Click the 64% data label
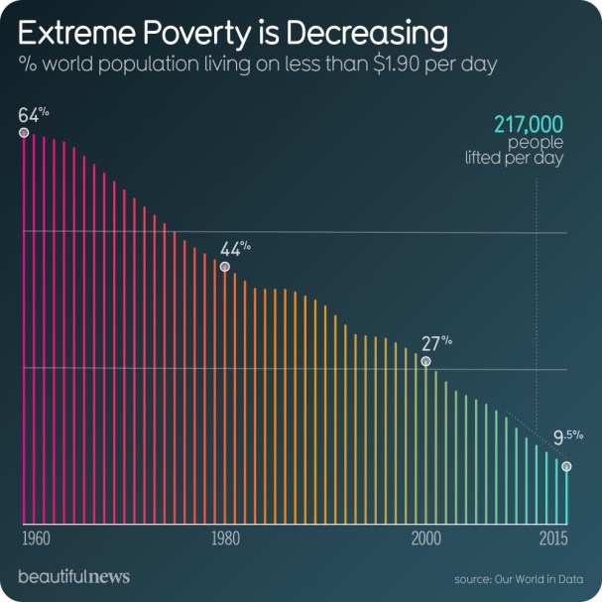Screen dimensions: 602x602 click(32, 113)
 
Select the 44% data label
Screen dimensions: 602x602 click(234, 248)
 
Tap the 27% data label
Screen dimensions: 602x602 click(435, 344)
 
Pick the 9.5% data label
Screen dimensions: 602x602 click(567, 437)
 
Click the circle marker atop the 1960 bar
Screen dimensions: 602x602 click(23, 132)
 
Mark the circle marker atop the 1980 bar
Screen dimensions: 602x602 click(224, 266)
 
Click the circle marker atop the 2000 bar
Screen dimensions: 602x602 click(425, 362)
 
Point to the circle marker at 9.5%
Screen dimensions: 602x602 click(566, 466)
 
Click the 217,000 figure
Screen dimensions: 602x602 click(529, 124)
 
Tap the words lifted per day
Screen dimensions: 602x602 click(515, 158)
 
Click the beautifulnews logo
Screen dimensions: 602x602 click(73, 576)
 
